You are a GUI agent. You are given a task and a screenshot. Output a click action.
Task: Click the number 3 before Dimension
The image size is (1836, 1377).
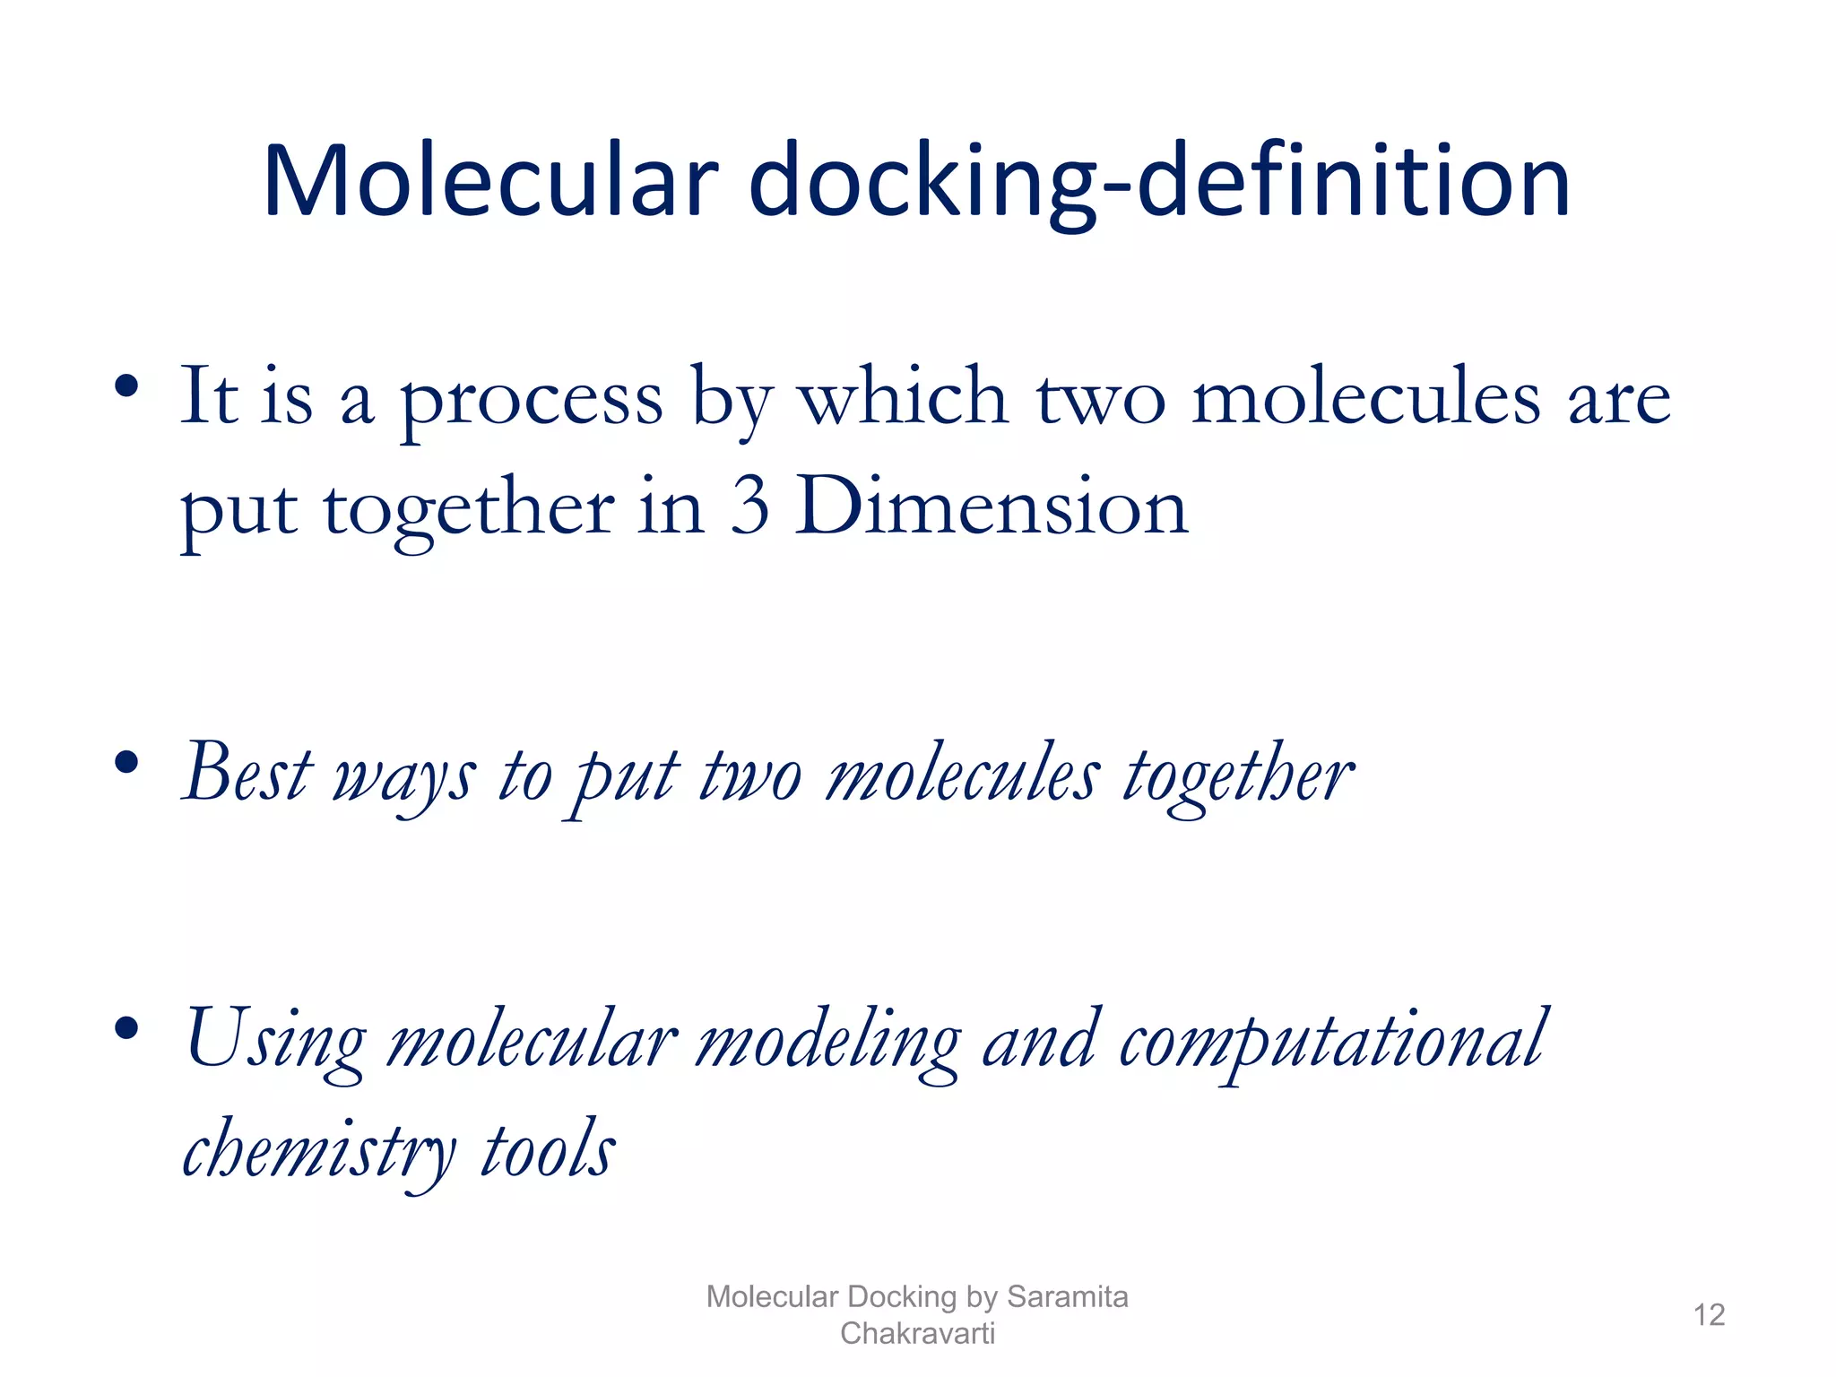tap(749, 507)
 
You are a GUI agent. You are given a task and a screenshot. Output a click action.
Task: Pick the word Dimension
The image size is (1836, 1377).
tap(992, 507)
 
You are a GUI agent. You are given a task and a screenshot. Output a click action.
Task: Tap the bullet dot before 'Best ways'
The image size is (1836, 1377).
tap(126, 763)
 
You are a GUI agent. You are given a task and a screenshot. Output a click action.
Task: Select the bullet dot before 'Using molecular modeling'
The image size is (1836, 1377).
tap(126, 1027)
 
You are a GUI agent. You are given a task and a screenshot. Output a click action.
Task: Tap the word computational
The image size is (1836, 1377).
tap(1332, 1040)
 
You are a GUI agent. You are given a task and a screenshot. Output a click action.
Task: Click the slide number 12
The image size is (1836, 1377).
tap(1709, 1315)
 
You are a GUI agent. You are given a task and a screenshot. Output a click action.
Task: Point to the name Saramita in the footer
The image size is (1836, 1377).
tap(1067, 1296)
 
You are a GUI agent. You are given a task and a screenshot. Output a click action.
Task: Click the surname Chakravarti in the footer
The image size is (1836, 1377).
tap(917, 1333)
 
